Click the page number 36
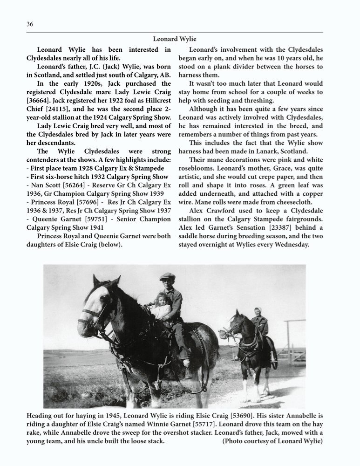(x=30, y=25)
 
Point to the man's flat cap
(x=167, y=276)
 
